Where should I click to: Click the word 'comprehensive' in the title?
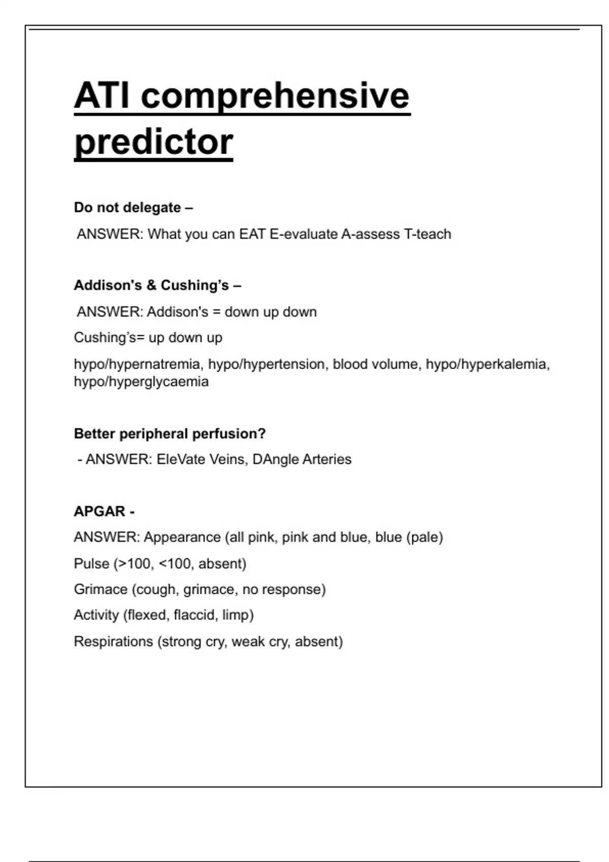coord(275,96)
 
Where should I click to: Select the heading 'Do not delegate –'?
coord(133,207)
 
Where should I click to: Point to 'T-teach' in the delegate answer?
coord(427,234)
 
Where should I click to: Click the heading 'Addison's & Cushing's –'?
coord(157,285)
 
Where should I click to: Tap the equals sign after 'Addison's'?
coord(217,312)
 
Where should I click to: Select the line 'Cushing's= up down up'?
coord(148,338)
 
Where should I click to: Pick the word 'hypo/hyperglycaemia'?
coord(141,381)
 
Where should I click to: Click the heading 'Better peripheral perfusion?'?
coord(170,434)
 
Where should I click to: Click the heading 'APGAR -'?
coord(104,511)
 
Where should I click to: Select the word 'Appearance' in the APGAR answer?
coord(182,537)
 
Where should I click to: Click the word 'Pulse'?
coord(91,563)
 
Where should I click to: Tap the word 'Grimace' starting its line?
coord(100,589)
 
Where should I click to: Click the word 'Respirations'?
coord(113,641)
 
